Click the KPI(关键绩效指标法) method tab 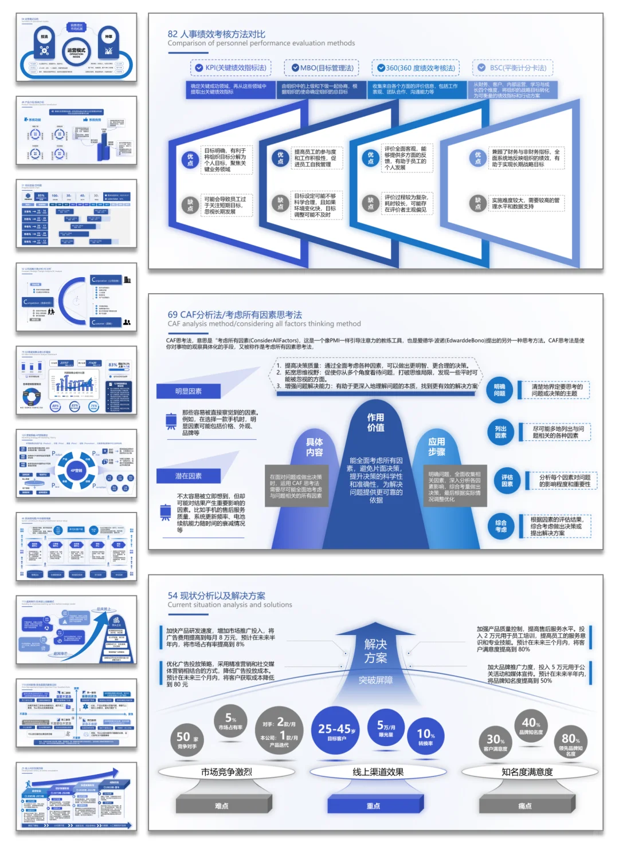pyautogui.click(x=230, y=68)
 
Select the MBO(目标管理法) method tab pyautogui.click(x=322, y=68)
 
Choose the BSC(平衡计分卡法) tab pyautogui.click(x=512, y=68)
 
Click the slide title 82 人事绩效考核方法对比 pyautogui.click(x=216, y=34)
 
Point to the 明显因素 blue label pyautogui.click(x=189, y=391)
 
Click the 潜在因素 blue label pyautogui.click(x=189, y=476)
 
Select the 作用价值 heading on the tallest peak pyautogui.click(x=375, y=423)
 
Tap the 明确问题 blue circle pyautogui.click(x=500, y=390)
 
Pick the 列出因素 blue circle pyautogui.click(x=500, y=432)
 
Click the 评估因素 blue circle pyautogui.click(x=507, y=480)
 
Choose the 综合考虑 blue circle pyautogui.click(x=501, y=526)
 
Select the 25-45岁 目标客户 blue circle pyautogui.click(x=336, y=731)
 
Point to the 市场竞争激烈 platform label pyautogui.click(x=226, y=772)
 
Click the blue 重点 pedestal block pyautogui.click(x=374, y=805)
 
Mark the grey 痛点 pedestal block pyautogui.click(x=525, y=805)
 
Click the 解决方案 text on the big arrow pyautogui.click(x=375, y=651)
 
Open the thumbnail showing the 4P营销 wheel pyautogui.click(x=76, y=464)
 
